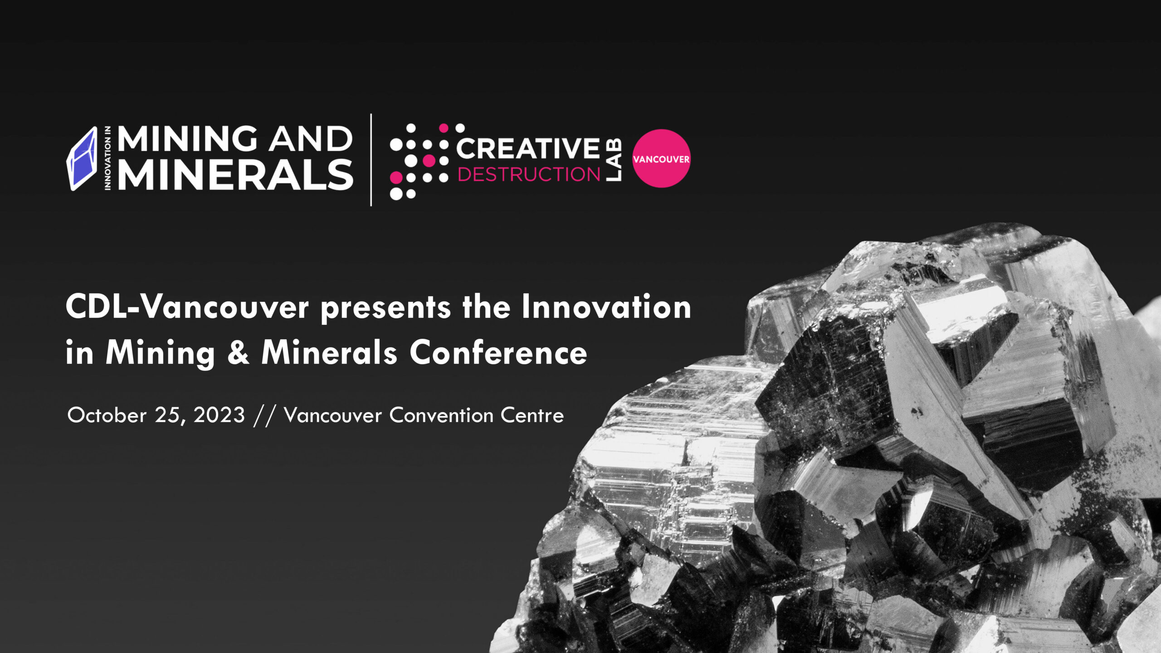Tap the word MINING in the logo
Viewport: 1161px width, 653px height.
[x=187, y=139]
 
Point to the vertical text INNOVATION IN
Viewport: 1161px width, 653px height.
[x=107, y=158]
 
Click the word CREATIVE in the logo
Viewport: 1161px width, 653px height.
[x=527, y=148]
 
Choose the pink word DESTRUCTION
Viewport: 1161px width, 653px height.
[x=529, y=175]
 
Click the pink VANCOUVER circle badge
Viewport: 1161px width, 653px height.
[x=661, y=159]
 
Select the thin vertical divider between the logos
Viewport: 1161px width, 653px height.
[x=371, y=160]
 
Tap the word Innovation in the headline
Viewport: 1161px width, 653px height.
[x=606, y=307]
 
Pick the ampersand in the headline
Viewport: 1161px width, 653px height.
[x=238, y=353]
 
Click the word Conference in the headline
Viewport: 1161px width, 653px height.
[x=498, y=353]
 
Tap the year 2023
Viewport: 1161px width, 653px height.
[x=219, y=415]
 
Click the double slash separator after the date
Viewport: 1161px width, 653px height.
[x=264, y=416]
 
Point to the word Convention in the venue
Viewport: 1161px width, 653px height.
[x=441, y=415]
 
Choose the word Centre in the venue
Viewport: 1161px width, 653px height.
[x=532, y=415]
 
